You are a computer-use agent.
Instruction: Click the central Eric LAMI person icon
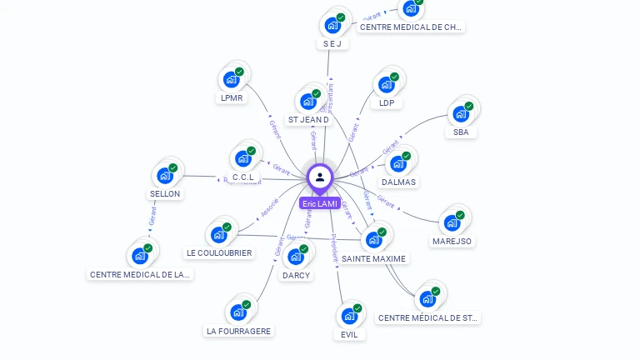[x=320, y=177]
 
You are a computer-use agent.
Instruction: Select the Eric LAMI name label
[x=320, y=203]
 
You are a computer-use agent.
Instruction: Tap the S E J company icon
[x=332, y=25]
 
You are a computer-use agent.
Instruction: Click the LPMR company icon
[x=231, y=80]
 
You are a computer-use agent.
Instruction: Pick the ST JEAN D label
[x=308, y=119]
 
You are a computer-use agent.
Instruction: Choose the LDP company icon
[x=387, y=84]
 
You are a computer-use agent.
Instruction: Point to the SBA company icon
[x=461, y=113]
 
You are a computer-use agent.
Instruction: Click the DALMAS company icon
[x=398, y=163]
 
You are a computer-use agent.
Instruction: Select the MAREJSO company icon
[x=452, y=222]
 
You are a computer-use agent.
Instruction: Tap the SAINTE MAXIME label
[x=374, y=258]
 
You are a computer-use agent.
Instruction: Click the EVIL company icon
[x=349, y=317]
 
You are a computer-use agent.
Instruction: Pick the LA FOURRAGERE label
[x=239, y=331]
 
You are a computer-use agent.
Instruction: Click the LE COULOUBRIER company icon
[x=219, y=234]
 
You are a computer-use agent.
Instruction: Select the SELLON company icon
[x=165, y=176]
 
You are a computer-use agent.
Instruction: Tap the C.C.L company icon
[x=243, y=158]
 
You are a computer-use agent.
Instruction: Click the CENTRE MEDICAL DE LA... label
[x=140, y=274]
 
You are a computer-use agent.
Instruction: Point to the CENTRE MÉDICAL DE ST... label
[x=429, y=317]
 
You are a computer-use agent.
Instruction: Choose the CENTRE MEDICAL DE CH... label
[x=411, y=27]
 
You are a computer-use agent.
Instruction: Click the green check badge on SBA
[x=469, y=106]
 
